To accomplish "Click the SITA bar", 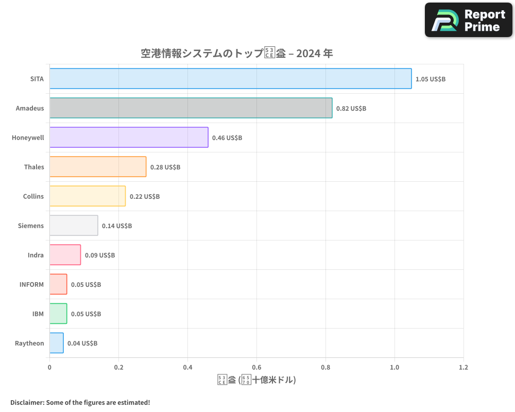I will [230, 79].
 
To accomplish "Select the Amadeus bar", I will [191, 108].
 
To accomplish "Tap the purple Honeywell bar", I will [129, 138].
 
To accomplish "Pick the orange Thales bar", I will [98, 167].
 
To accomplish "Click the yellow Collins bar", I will [88, 196].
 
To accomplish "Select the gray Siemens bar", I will [74, 226].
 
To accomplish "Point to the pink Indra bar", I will [65, 255].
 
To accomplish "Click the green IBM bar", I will [58, 314].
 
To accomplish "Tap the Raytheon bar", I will [57, 343].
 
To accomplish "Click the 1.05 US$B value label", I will [431, 79].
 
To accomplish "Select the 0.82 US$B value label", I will [351, 109].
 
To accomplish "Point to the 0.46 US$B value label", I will [227, 138].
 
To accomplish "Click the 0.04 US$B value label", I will [82, 344].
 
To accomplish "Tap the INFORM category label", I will [31, 284].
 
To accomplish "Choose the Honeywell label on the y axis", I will [28, 138].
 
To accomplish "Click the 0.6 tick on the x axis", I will [256, 368].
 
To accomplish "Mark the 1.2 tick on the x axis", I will [463, 368].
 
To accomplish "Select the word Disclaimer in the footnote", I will [27, 402].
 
